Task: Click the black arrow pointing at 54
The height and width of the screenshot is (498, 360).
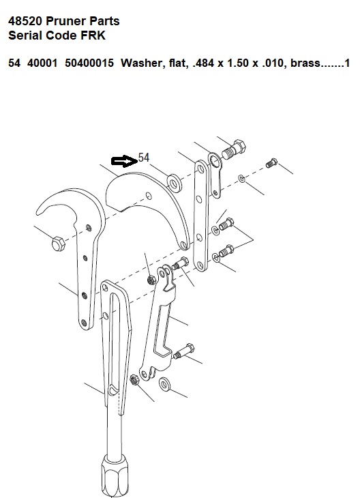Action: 124,162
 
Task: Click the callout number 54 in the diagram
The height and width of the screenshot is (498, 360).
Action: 144,158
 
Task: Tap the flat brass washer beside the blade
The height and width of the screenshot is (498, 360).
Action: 175,183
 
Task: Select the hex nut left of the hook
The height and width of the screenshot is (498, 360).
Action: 58,244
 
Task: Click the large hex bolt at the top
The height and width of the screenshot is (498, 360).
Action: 235,149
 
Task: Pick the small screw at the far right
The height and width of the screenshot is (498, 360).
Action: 271,163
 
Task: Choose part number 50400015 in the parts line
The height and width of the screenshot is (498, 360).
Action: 89,63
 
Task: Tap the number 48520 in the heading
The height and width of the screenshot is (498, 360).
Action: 25,21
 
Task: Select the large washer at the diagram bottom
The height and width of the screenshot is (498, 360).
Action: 164,385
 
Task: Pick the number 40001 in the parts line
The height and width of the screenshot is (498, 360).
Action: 42,63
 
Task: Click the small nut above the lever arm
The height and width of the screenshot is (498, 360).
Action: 151,280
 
